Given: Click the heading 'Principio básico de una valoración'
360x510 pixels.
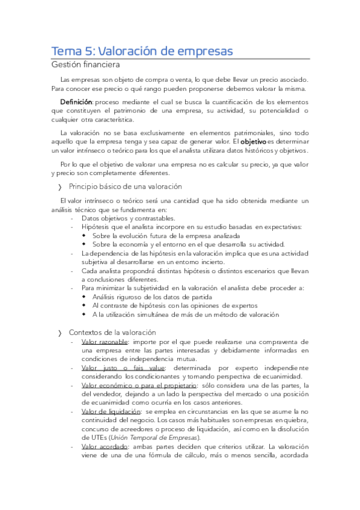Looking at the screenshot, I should point(125,186).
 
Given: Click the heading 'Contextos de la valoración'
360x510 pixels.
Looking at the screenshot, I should point(112,332).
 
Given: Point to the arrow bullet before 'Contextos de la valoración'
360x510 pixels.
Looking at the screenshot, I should point(60,333).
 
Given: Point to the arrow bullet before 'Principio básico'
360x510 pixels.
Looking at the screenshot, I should point(60,187).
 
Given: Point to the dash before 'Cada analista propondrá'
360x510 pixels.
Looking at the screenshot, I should point(72,271).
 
